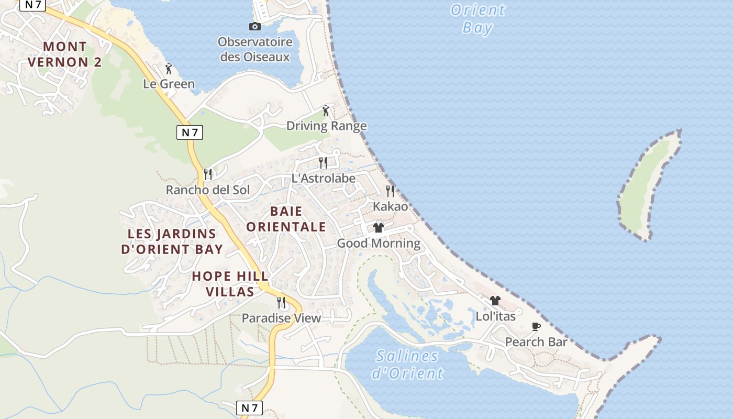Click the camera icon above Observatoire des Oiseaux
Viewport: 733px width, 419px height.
pos(255,27)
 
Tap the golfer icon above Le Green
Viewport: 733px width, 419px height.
pos(168,69)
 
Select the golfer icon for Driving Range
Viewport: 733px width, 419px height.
pos(326,111)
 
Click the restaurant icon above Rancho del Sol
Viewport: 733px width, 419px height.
pos(208,174)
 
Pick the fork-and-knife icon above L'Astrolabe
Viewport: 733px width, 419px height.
pos(323,163)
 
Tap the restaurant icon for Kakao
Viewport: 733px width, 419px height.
pos(390,191)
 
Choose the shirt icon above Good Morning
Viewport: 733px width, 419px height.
pos(379,228)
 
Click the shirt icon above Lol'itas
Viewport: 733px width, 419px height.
pos(495,301)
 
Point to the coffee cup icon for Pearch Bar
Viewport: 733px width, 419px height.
pos(536,326)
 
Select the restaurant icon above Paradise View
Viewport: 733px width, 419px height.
pos(281,302)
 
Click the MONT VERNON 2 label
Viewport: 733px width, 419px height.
pos(65,54)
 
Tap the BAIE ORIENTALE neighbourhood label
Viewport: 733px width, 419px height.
pos(286,219)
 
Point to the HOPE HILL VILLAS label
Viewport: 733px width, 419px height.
pos(230,284)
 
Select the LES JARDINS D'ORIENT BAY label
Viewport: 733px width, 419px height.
pos(172,241)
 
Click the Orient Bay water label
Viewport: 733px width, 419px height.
pos(477,18)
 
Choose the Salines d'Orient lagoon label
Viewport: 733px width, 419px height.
pos(407,365)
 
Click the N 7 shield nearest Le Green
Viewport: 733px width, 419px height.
pos(190,133)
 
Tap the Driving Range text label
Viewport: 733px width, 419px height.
pos(326,126)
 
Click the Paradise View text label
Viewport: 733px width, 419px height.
pos(281,318)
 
